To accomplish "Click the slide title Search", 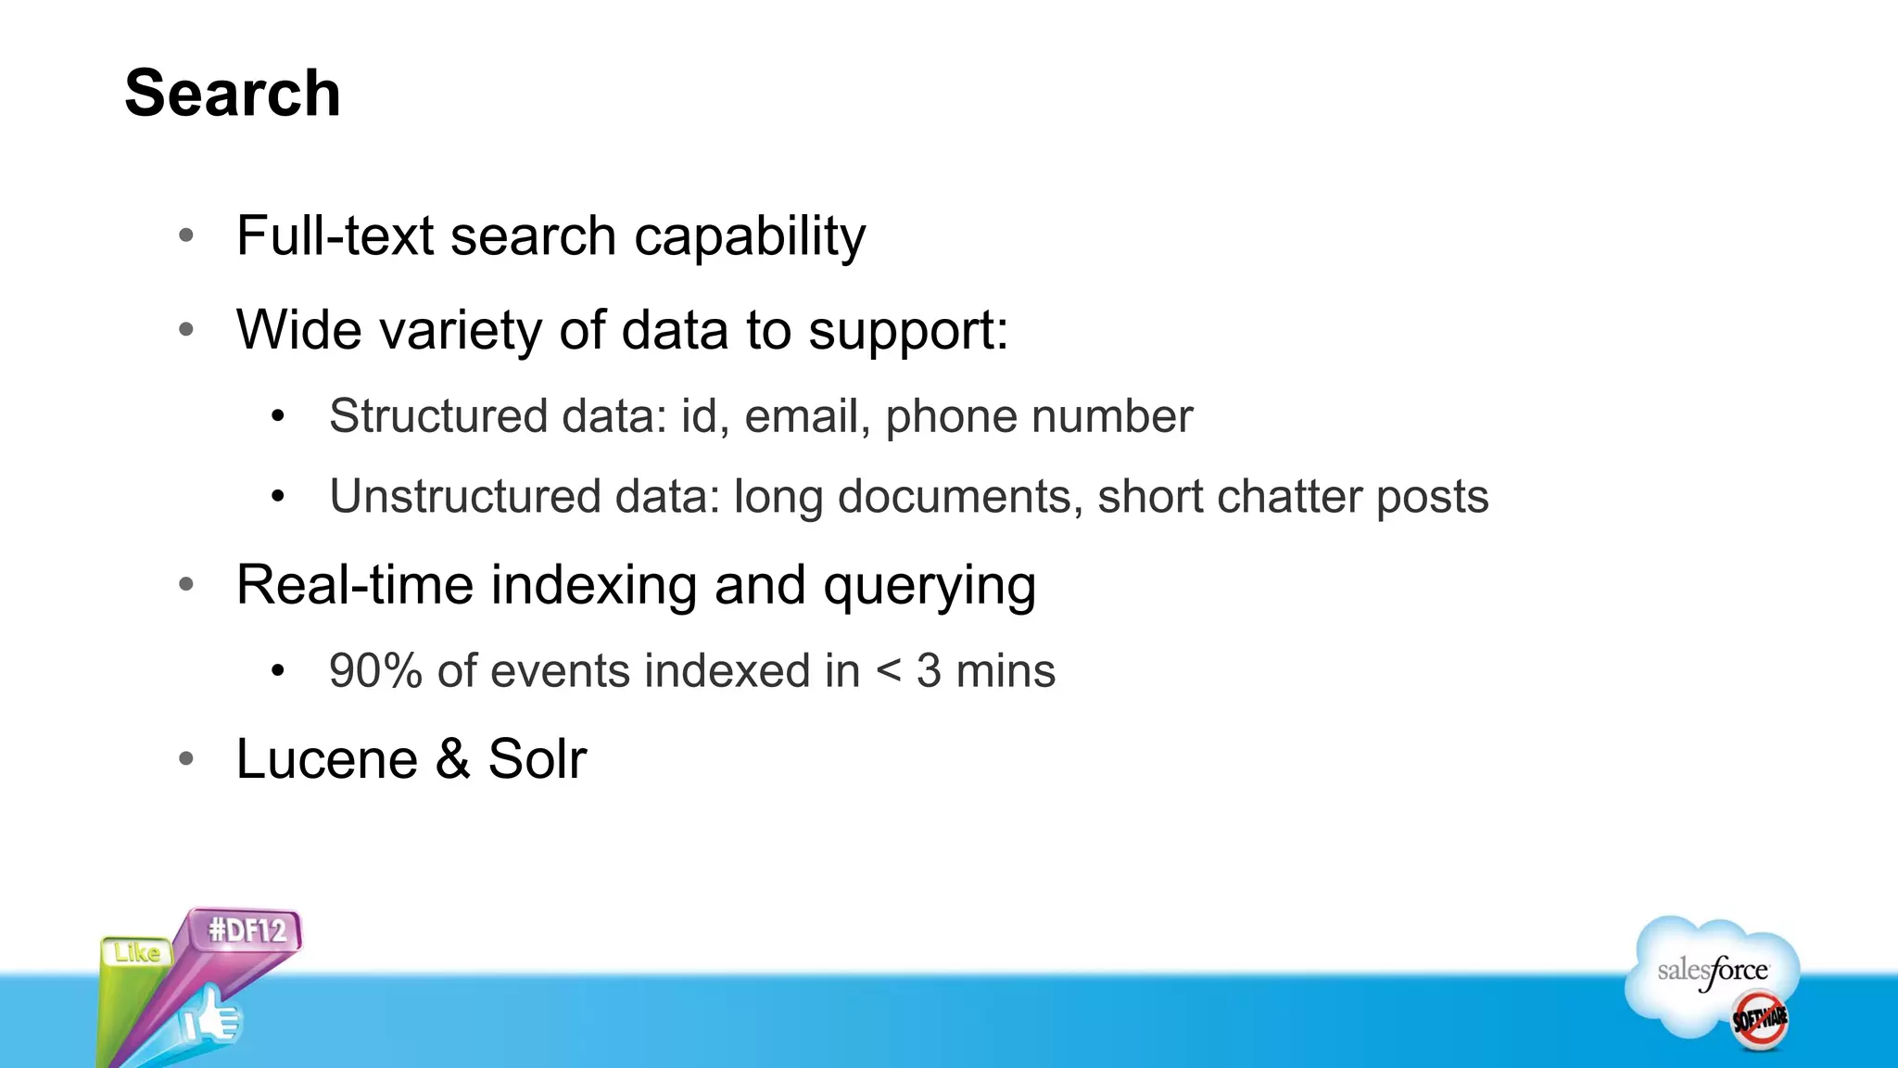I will pyautogui.click(x=233, y=94).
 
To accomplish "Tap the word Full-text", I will pyautogui.click(x=335, y=235).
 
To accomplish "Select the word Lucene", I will pyautogui.click(x=327, y=759).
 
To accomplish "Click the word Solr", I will pyautogui.click(x=538, y=759).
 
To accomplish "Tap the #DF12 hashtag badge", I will pyautogui.click(x=247, y=930).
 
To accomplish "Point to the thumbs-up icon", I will pyautogui.click(x=210, y=1019).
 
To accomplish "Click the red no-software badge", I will pyautogui.click(x=1759, y=1020).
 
